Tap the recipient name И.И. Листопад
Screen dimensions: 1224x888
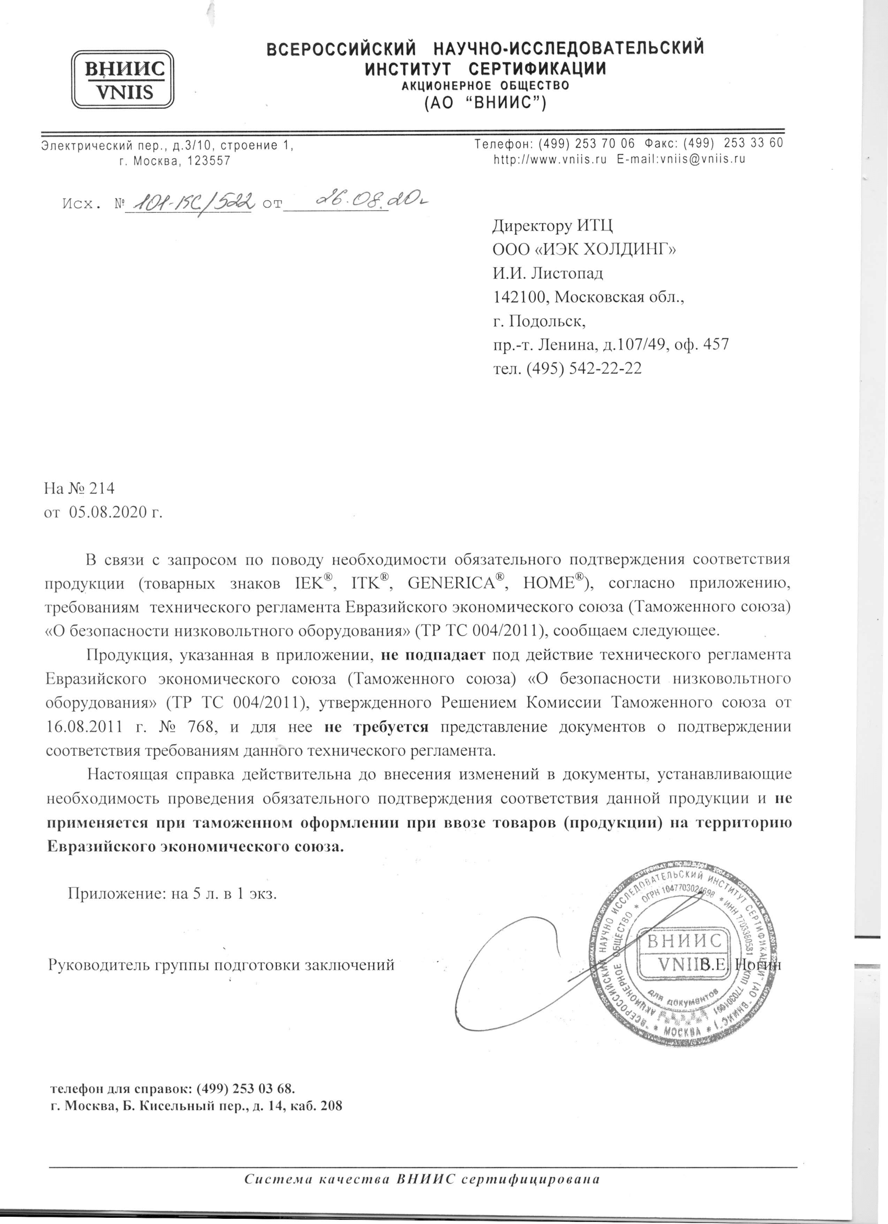pyautogui.click(x=547, y=273)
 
